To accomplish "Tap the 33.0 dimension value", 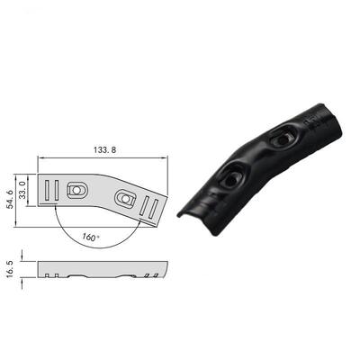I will [23, 191].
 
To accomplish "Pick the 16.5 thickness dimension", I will [12, 270].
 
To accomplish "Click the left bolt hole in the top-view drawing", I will [79, 190].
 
